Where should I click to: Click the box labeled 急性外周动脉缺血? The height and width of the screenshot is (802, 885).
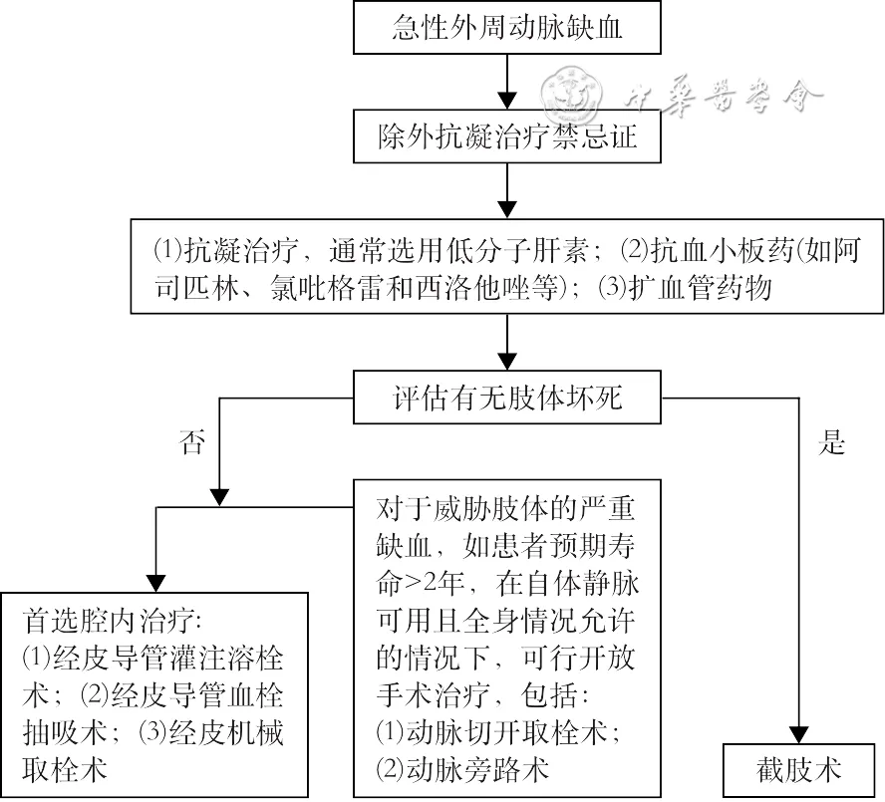coord(507,28)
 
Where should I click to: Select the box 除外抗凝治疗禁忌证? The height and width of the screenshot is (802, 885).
coord(507,136)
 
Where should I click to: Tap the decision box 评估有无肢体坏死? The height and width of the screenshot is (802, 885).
coord(507,398)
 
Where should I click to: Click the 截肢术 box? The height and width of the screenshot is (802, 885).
coord(798,769)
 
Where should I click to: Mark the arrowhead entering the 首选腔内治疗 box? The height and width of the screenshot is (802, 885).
coord(157,582)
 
